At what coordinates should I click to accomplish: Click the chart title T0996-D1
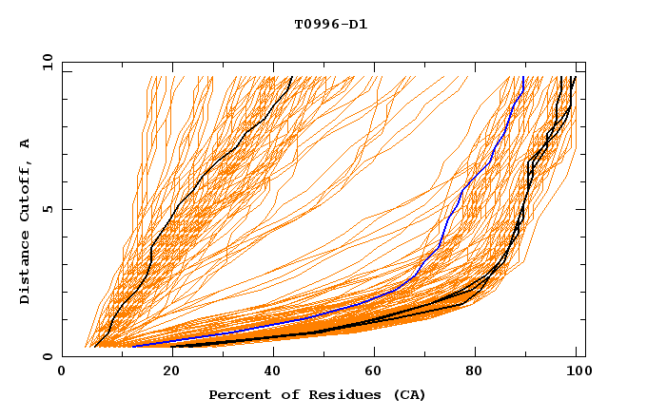point(330,24)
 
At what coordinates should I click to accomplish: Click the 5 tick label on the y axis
point(47,209)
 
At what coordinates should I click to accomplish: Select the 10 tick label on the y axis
point(44,62)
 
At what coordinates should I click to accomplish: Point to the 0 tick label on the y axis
point(47,356)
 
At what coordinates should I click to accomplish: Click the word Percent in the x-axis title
point(238,394)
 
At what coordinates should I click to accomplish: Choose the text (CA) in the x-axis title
point(410,394)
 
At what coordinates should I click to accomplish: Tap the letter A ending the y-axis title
point(26,143)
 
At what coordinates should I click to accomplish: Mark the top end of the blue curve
point(523,77)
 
